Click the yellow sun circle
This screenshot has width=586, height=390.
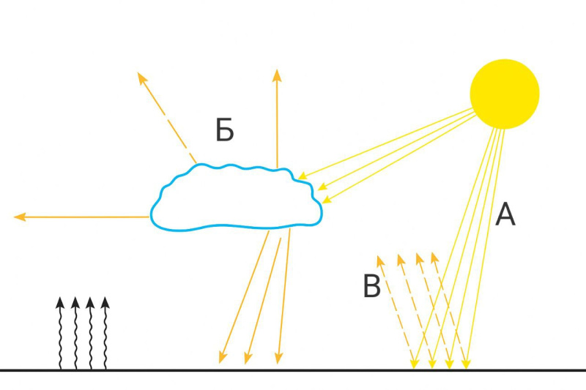coord(505,94)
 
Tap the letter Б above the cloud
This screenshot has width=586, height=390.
coord(225,130)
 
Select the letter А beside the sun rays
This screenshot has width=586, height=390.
coord(505,214)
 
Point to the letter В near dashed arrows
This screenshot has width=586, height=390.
coord(372,286)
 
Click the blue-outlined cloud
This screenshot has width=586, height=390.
coord(236,197)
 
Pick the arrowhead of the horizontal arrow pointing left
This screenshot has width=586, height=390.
coord(20,217)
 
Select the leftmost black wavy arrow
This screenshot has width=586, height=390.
coord(60,333)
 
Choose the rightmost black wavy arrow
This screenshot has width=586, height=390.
coord(105,333)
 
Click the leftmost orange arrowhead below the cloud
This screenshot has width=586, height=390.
coord(223,358)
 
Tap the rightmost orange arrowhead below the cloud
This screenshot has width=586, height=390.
coord(278,358)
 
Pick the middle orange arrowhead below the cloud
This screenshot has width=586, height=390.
coord(248,358)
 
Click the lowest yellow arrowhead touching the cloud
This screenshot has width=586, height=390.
coord(327,200)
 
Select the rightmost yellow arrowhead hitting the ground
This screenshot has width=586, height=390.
coord(466,364)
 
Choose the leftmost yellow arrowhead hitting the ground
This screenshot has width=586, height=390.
coord(415,364)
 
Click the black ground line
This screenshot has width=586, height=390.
coord(293,370)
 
